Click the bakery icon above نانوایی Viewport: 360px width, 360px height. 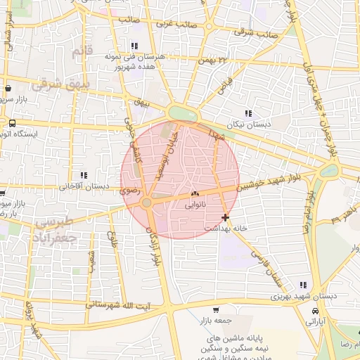(x=195, y=194)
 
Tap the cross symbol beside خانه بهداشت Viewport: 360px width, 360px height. (x=224, y=218)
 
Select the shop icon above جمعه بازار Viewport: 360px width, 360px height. (x=216, y=309)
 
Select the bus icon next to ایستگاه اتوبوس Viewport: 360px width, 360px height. (x=12, y=122)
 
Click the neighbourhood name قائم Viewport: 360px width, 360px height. (x=82, y=51)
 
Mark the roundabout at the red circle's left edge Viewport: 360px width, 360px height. (x=146, y=203)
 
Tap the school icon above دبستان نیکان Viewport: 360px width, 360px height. (x=247, y=113)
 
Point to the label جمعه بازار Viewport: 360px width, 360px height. (x=216, y=320)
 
